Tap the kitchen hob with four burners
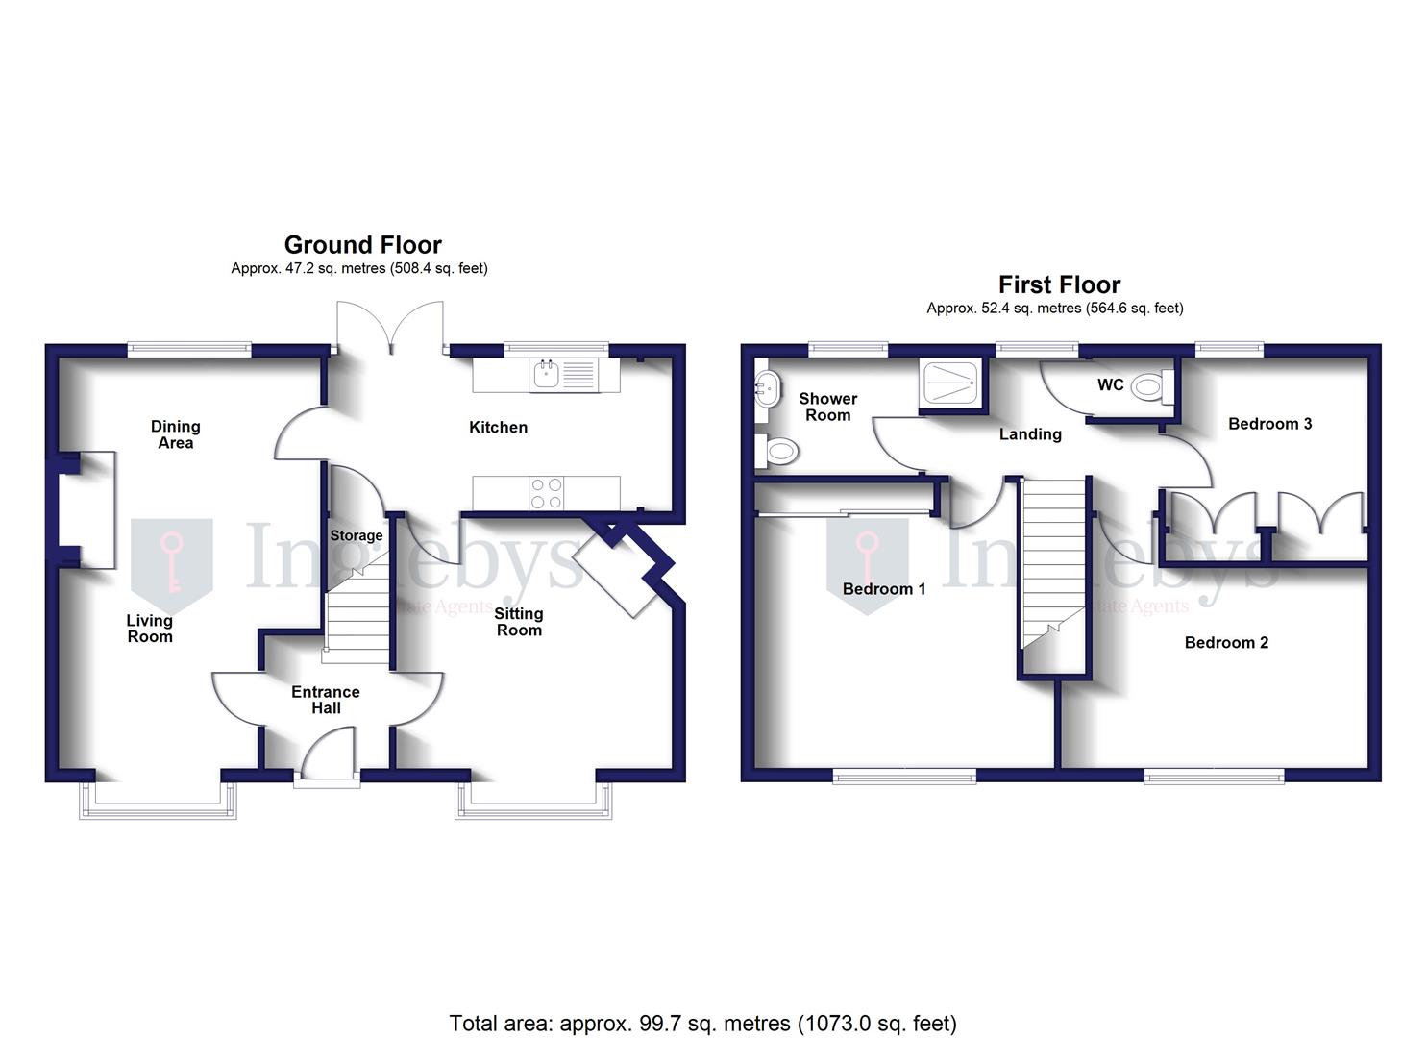pyautogui.click(x=547, y=493)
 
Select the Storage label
pyautogui.click(x=357, y=535)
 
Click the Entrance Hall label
pyautogui.click(x=326, y=700)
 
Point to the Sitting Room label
pyautogui.click(x=519, y=622)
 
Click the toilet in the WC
pyautogui.click(x=1149, y=387)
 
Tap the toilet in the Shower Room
pyautogui.click(x=778, y=450)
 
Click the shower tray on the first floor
pyautogui.click(x=950, y=384)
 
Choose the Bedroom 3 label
pyautogui.click(x=1269, y=424)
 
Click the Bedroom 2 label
pyautogui.click(x=1226, y=643)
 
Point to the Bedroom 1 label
pyautogui.click(x=884, y=589)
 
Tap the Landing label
pyautogui.click(x=1030, y=434)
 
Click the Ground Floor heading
pyautogui.click(x=362, y=245)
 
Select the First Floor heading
pyautogui.click(x=1059, y=285)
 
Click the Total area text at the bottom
pyautogui.click(x=702, y=1023)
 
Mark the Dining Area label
pyautogui.click(x=176, y=434)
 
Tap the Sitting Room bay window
pyautogui.click(x=533, y=801)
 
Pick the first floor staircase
pyautogui.click(x=1052, y=567)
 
